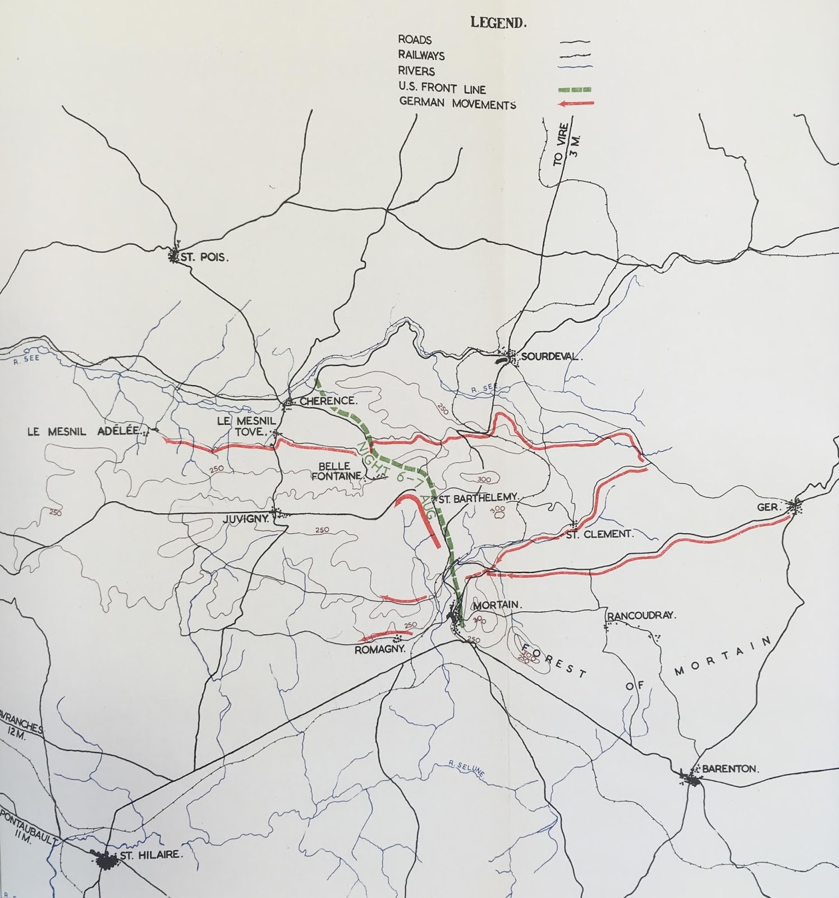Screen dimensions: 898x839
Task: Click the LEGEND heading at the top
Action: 498,23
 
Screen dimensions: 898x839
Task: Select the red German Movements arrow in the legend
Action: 574,103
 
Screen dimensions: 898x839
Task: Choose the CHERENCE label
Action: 328,401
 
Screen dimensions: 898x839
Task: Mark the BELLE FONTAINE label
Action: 334,471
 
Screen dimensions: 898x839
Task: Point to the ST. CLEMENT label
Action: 599,534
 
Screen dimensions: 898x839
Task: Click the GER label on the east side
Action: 768,507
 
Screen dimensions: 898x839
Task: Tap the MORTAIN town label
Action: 497,606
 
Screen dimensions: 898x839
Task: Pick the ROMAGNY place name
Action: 379,650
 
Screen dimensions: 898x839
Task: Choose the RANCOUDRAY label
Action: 642,615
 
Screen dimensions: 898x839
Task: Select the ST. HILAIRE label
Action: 152,855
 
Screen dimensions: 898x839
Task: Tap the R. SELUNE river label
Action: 466,769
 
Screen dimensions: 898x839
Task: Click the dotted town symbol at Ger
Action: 796,507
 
